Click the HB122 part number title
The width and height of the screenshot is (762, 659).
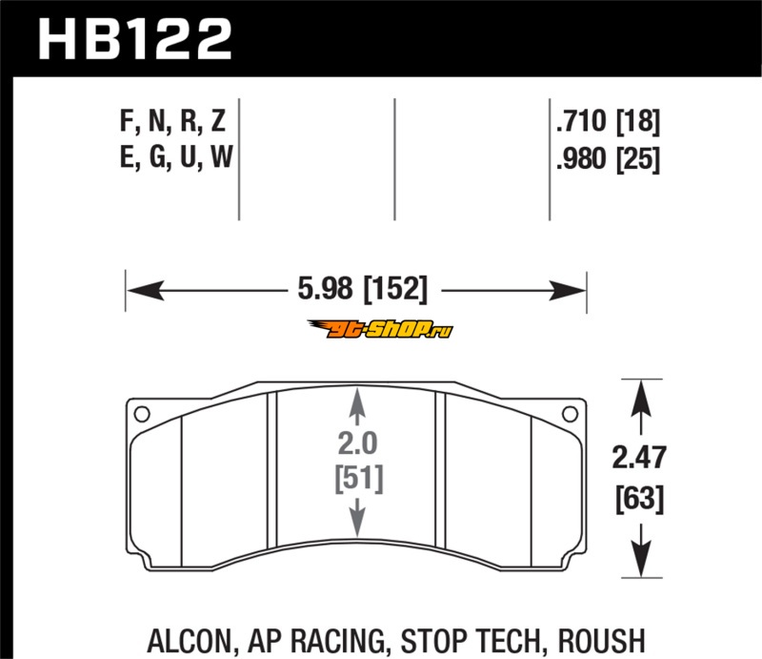pos(134,39)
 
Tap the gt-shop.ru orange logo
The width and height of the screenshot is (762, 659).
pos(380,330)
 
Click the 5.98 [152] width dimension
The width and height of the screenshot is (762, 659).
pos(363,289)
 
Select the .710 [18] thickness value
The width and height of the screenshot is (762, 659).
pos(608,121)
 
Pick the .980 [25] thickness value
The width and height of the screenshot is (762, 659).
pos(608,158)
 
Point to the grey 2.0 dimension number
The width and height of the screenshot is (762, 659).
pos(357,443)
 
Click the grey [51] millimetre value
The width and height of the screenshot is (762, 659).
pos(359,479)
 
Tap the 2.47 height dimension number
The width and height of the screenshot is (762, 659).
pos(638,458)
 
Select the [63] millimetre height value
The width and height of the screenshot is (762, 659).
pos(639,499)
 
